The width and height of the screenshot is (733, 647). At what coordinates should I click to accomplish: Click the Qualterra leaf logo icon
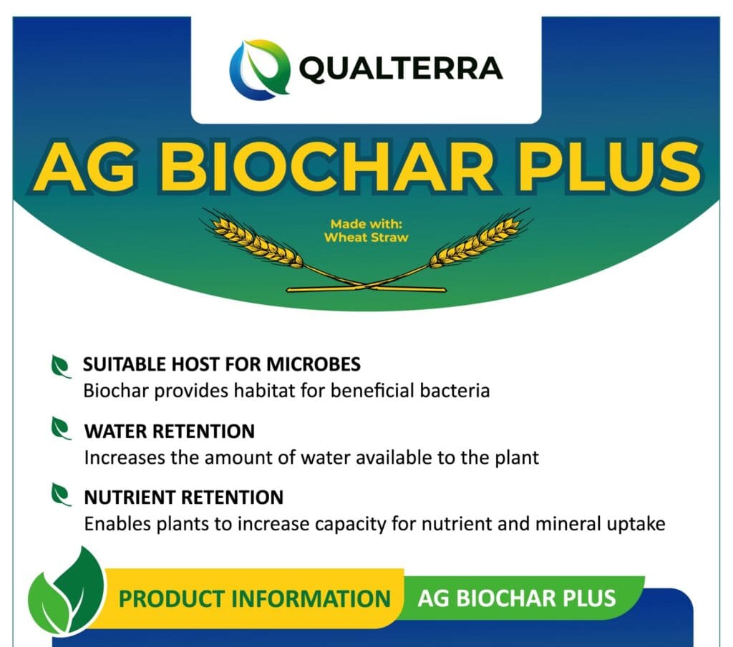point(259,69)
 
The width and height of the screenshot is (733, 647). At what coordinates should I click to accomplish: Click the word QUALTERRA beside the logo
point(401,69)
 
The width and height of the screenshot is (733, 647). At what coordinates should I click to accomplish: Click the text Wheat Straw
point(366,238)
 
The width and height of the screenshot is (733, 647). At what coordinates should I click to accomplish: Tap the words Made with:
point(366,224)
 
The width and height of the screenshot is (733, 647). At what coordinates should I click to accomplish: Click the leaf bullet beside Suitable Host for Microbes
point(61,366)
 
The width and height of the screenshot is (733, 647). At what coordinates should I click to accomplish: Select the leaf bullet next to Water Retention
point(61,429)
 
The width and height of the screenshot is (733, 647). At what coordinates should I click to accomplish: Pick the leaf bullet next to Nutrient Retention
point(61,495)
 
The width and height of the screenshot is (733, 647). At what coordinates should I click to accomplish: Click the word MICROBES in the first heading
point(314,364)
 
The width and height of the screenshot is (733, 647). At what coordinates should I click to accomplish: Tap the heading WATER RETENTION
point(169,431)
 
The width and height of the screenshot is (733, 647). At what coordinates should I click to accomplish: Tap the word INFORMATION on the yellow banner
point(311,599)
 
